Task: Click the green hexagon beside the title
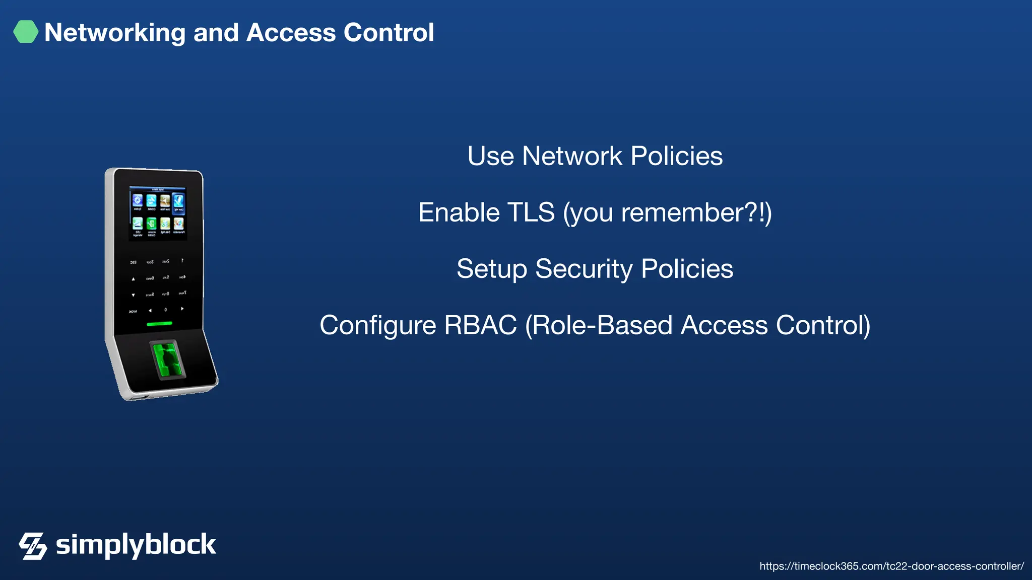tap(26, 32)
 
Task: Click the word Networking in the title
tap(115, 33)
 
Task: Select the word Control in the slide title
tap(389, 33)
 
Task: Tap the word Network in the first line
tap(572, 156)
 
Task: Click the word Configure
tap(377, 326)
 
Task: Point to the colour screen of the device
tap(158, 213)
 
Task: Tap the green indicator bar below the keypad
tap(159, 324)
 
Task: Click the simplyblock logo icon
tap(33, 546)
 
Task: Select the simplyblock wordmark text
tap(136, 545)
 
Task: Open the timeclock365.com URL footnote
tap(891, 566)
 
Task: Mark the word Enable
tap(459, 212)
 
